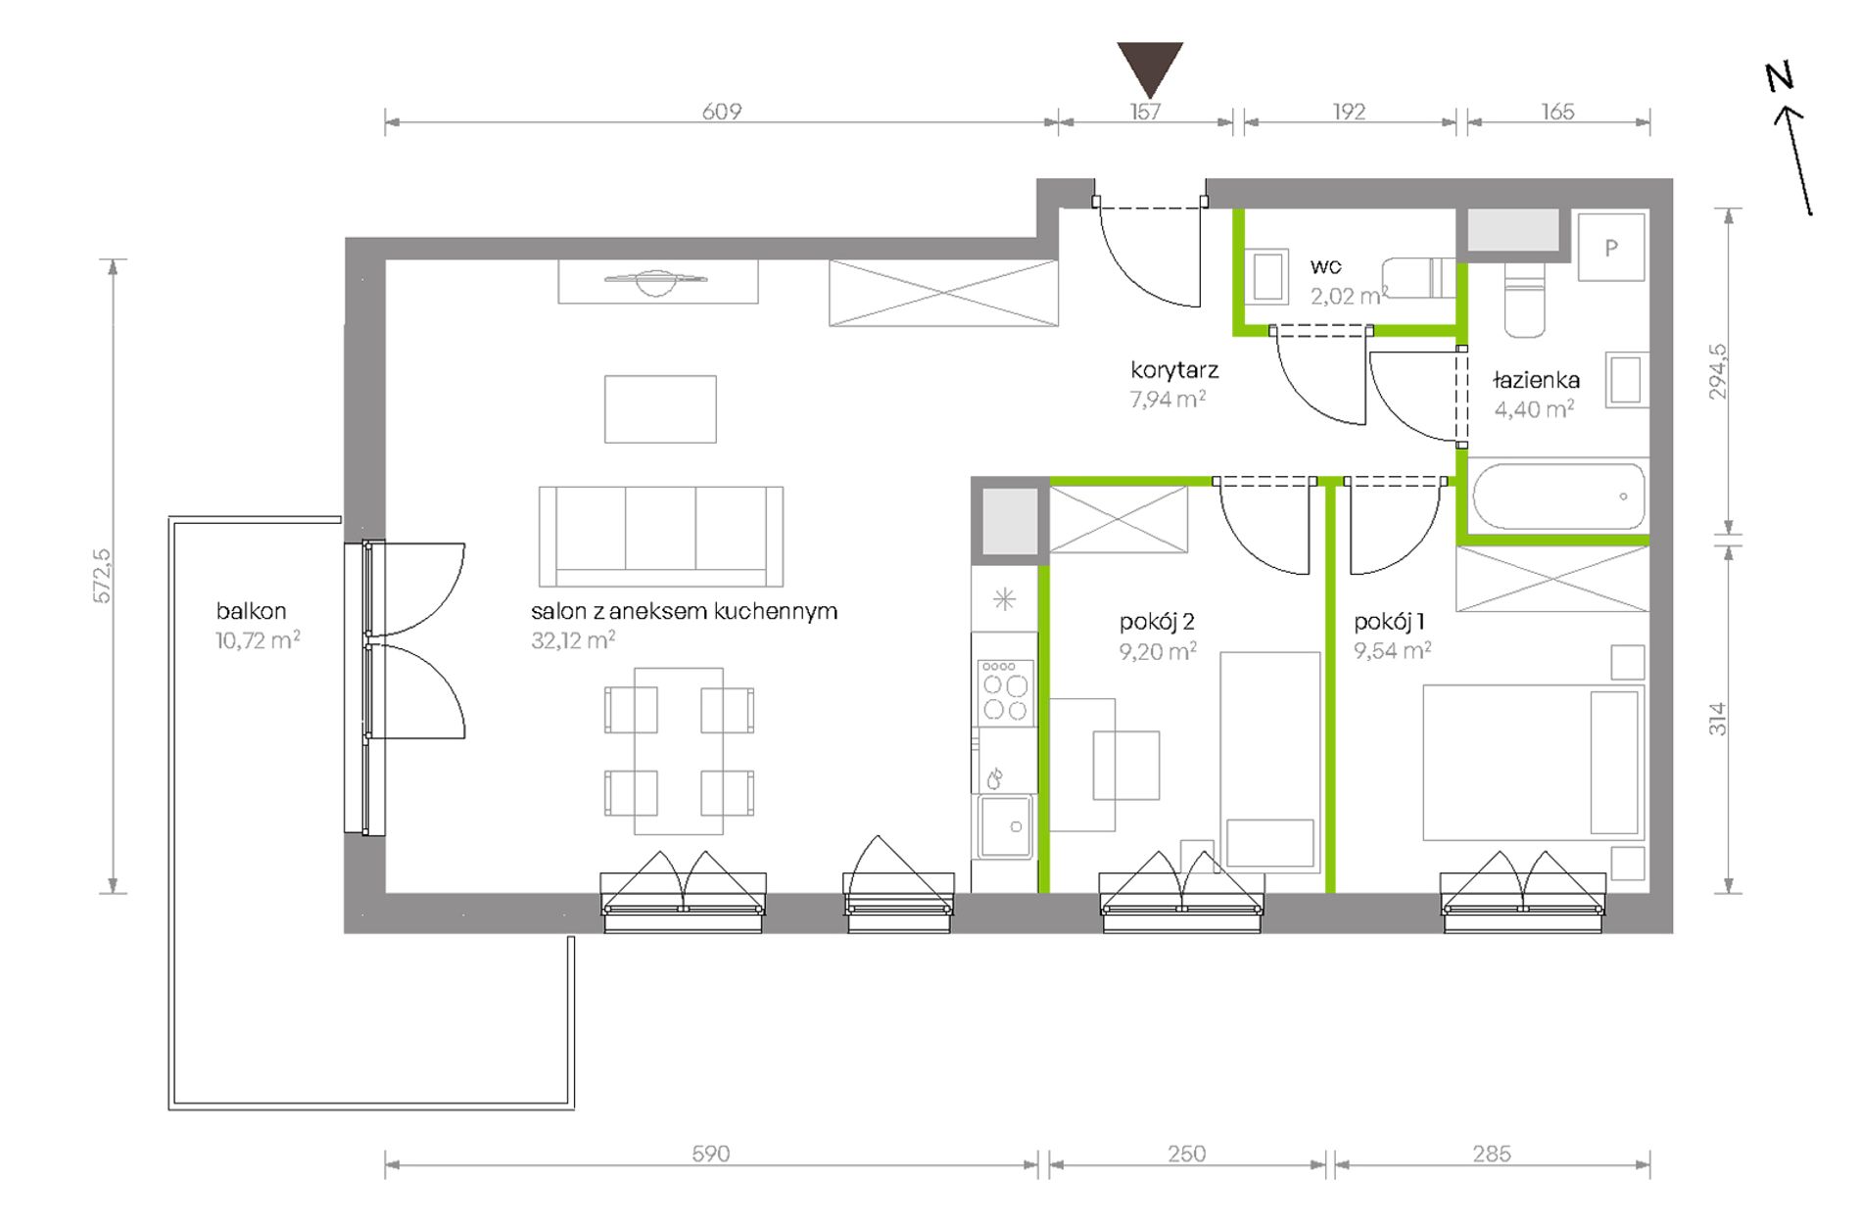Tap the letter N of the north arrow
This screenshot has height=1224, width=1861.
coord(1780,76)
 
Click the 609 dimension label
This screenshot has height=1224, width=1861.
coord(722,112)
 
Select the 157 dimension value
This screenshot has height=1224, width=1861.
coord(1145,112)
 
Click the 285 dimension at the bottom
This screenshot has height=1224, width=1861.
coord(1492,1154)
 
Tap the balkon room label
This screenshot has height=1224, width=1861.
coord(252,611)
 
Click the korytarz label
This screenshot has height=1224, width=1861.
coord(1174,370)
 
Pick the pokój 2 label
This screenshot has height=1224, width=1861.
coord(1157,622)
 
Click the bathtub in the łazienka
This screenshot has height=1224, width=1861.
coord(1559,496)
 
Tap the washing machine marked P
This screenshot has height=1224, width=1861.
coord(1611,248)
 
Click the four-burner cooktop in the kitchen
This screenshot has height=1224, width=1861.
coord(1004,693)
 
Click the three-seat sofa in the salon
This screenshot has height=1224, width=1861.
coord(661,536)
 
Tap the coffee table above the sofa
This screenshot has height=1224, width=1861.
coord(660,409)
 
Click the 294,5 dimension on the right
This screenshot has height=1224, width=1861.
coord(1717,371)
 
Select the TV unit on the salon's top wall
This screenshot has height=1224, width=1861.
coord(658,281)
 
